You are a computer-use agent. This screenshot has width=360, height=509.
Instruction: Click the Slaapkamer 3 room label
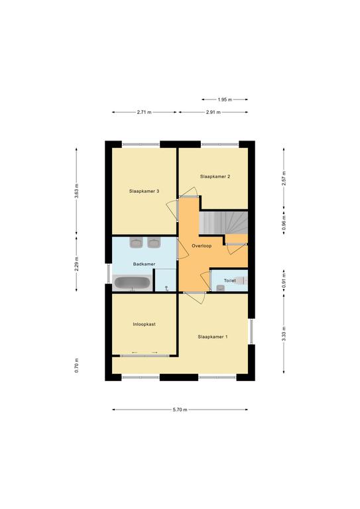(144, 191)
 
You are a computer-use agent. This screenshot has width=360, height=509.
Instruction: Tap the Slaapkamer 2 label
(215, 176)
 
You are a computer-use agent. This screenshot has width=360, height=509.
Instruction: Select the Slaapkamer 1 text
(213, 337)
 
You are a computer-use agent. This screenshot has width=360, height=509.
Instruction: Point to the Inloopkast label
(144, 324)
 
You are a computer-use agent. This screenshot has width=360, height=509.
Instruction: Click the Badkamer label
(144, 264)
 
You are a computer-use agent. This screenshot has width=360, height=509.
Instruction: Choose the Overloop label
(202, 246)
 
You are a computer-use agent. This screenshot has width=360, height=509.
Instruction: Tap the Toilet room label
(229, 280)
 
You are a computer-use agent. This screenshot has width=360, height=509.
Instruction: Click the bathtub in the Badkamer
(133, 283)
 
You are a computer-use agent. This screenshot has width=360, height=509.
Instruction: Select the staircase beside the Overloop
(223, 223)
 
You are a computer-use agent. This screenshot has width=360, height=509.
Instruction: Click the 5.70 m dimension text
(180, 410)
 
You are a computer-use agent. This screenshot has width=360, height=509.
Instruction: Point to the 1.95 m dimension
(225, 99)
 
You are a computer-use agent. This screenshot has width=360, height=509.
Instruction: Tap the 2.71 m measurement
(144, 112)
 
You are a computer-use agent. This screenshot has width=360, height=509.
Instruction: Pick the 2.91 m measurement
(213, 112)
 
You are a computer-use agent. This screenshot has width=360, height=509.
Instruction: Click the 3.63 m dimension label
(77, 191)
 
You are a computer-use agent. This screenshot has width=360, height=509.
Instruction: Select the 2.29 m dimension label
(77, 264)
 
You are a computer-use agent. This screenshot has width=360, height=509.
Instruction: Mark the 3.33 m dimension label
(284, 334)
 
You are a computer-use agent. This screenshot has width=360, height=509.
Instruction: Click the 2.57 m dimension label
(284, 178)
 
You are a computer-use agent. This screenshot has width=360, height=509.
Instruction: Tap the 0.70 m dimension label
(77, 366)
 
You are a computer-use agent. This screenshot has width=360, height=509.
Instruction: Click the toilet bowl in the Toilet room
(240, 280)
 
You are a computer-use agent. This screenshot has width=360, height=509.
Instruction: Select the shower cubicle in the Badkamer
(166, 280)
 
